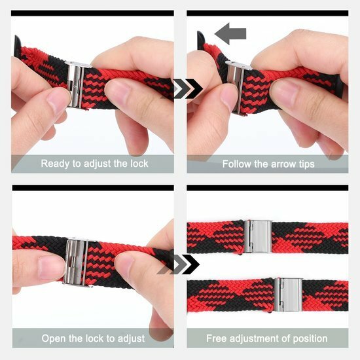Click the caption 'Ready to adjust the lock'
(94, 164)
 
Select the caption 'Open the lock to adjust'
(92, 338)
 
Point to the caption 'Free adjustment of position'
(267, 338)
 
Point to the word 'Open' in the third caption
(54, 338)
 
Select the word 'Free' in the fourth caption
(217, 338)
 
